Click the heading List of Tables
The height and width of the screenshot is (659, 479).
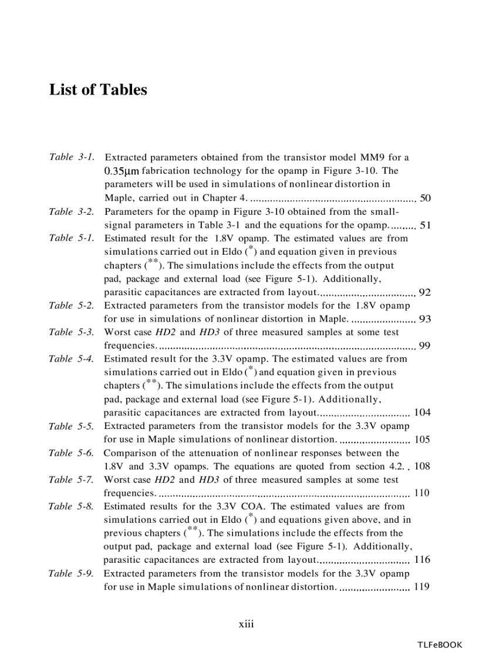pos(98,90)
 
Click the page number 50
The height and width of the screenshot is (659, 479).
pos(426,198)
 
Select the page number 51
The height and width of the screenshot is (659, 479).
pos(426,225)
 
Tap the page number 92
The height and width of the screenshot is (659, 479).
pos(426,293)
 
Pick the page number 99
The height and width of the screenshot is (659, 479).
pos(426,346)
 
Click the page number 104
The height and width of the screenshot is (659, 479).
pos(422,412)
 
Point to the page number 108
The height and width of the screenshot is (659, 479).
pos(422,467)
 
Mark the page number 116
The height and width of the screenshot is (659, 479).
pos(422,560)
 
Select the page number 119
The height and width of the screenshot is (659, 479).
pos(422,586)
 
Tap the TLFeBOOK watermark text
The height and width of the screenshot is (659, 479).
pos(440,644)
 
